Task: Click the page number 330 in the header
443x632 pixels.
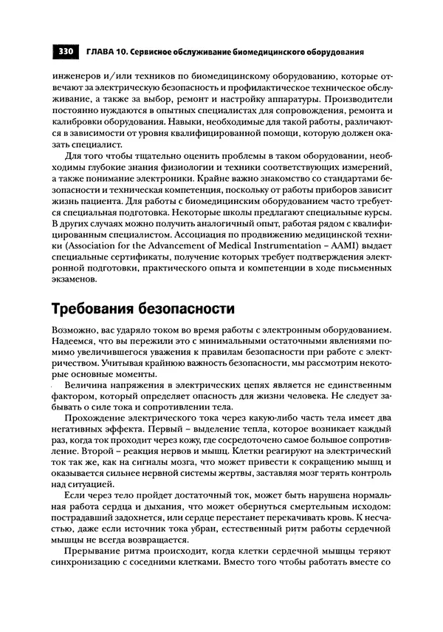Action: pos(64,52)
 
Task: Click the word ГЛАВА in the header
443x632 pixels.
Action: pos(100,52)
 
